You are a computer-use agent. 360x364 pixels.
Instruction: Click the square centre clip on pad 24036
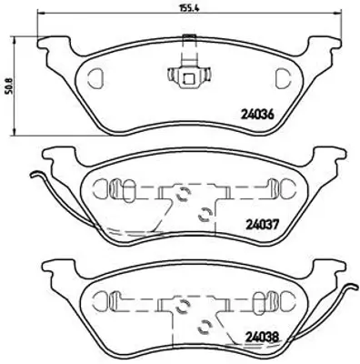(189, 76)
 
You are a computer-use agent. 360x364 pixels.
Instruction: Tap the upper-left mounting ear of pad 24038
(55, 269)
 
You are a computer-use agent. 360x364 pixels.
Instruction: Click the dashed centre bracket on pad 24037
(189, 202)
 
